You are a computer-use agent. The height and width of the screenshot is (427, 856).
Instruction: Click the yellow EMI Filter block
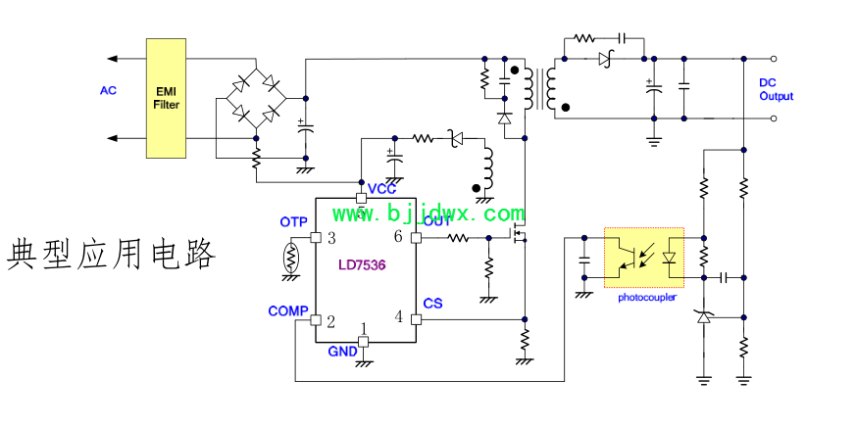pos(166,98)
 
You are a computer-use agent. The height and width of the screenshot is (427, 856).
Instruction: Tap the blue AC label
pos(108,91)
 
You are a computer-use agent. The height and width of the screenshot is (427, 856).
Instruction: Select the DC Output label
pos(776,90)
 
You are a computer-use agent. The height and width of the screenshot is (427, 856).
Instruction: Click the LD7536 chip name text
pos(362,265)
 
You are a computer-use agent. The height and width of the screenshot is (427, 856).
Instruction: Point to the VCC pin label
pos(381,189)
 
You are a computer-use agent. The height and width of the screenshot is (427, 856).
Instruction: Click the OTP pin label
pos(293,222)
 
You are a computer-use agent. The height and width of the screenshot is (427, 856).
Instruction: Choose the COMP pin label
pos(287,311)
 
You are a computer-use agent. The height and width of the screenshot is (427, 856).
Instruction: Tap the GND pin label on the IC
pos(342,352)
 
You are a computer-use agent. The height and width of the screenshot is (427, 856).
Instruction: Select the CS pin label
pos(432,304)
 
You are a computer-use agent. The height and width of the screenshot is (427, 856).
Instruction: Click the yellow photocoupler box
pos(643,258)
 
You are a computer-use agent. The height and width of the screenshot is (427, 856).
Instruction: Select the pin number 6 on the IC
pos(397,237)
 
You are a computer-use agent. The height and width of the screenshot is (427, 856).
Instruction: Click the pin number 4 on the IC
pos(398,316)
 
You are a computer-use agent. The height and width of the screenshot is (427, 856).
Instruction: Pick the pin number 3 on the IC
pos(331,238)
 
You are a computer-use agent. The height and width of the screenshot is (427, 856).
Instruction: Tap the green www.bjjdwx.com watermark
pos(428,213)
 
